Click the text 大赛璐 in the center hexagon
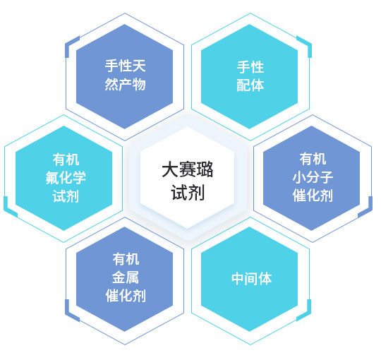[188, 169]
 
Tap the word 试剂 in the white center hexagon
[188, 192]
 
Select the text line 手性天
[125, 66]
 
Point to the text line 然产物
[125, 84]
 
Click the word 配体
[250, 85]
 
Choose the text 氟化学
[66, 178]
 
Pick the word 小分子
[313, 176]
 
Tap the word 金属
[126, 277]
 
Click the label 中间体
[251, 279]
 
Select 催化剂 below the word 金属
[126, 296]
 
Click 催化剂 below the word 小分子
[313, 196]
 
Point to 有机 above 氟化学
[66, 160]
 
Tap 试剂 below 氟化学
[66, 196]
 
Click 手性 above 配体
[250, 66]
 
